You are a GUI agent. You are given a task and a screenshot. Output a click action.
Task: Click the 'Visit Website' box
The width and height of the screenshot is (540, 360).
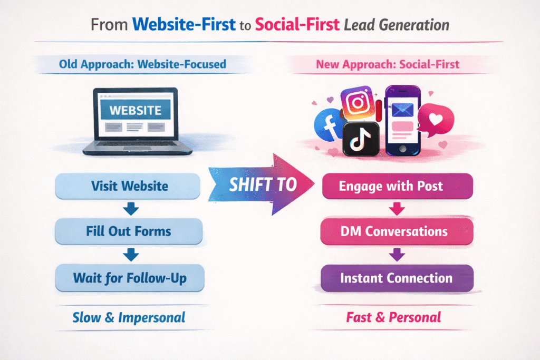[129, 186]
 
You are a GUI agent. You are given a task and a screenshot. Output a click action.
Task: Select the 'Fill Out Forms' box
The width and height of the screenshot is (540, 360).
[129, 231]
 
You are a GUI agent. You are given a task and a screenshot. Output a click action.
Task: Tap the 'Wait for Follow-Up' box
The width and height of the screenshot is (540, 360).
[129, 277]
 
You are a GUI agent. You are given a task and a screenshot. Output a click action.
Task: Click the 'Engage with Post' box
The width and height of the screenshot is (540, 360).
[398, 186]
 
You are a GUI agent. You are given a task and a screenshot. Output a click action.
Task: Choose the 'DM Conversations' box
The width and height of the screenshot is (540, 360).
[398, 231]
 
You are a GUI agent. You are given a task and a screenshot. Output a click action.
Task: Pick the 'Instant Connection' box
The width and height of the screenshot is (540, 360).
[398, 278]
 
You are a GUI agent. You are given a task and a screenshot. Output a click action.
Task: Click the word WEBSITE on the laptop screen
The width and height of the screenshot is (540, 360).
[135, 110]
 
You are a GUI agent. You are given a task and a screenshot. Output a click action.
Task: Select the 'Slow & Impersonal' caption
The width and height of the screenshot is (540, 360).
[129, 317]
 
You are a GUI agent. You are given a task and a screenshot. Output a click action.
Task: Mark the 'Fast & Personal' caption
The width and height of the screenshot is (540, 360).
[393, 317]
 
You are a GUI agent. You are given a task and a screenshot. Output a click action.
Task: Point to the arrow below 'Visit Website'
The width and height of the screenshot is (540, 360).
[130, 210]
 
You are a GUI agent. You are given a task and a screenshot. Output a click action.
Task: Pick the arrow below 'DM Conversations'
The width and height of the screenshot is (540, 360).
[398, 255]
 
